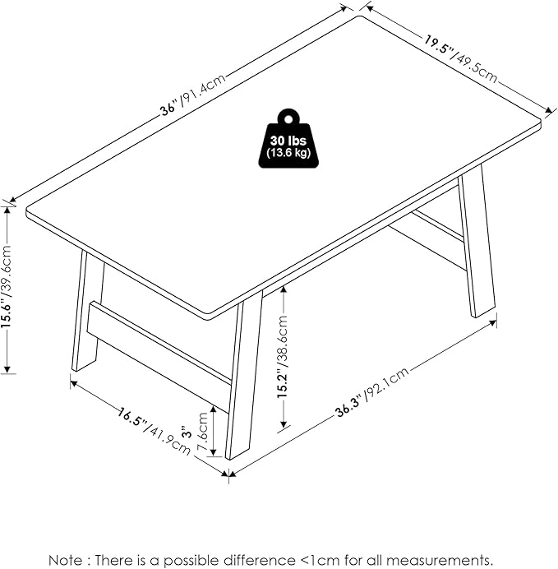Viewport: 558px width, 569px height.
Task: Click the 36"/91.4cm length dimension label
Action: [193, 99]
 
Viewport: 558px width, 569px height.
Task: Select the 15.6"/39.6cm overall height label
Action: [7, 287]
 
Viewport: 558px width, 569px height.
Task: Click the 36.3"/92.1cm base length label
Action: [371, 391]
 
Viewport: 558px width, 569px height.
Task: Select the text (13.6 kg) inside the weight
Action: [290, 153]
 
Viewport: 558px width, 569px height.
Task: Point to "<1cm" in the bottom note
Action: [316, 560]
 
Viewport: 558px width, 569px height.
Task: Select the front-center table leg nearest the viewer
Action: [243, 378]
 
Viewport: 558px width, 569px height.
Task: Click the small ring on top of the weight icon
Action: [290, 115]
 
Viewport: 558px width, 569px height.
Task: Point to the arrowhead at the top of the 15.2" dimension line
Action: [284, 288]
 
